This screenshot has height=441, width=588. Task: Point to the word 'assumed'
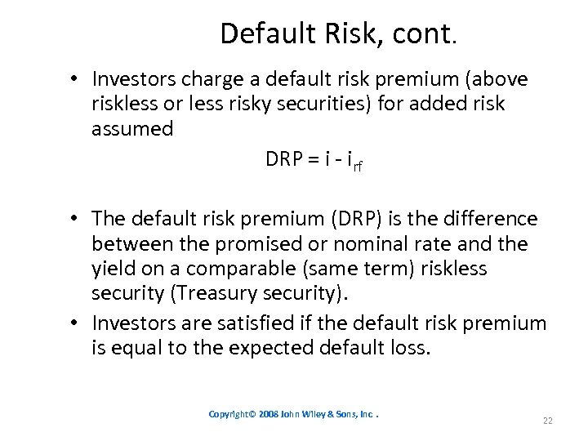click(x=132, y=129)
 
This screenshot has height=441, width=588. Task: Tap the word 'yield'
click(x=111, y=269)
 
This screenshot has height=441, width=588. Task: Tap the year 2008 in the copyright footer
click(x=270, y=414)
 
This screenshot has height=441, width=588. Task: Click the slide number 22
click(x=547, y=420)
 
